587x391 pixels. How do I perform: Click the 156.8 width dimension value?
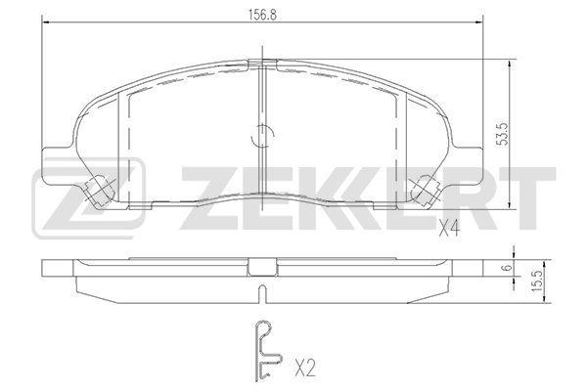262,15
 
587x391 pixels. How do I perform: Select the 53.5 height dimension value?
504,134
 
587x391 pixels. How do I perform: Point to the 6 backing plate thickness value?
508,268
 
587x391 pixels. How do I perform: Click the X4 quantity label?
449,228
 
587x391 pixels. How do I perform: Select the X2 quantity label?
305,368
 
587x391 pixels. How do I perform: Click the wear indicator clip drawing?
266,351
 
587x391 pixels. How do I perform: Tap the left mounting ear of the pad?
56,165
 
